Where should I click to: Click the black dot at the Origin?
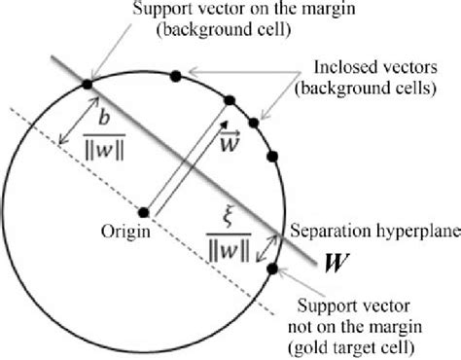point(143,212)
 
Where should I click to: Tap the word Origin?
point(123,233)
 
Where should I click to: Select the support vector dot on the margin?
point(87,85)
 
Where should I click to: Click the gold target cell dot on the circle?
point(272,270)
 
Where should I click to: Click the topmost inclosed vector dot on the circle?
point(175,75)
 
